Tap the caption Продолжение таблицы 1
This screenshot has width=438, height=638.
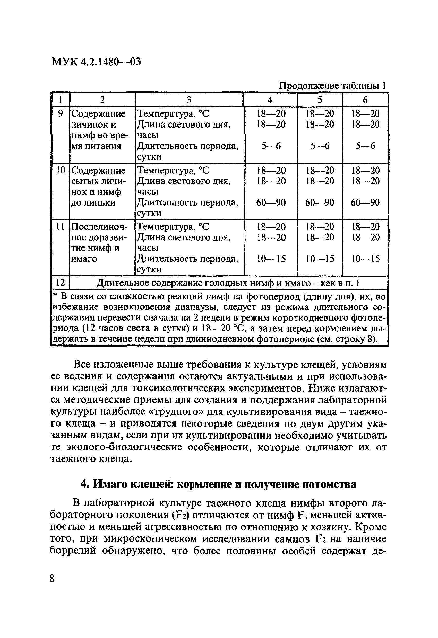[332, 86]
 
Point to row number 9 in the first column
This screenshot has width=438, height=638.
[61, 113]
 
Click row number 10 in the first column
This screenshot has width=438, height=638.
[61, 171]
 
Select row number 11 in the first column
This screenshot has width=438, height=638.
[61, 227]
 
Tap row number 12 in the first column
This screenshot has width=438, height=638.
[61, 283]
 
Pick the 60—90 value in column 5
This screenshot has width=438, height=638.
[320, 203]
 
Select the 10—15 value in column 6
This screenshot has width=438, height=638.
[365, 259]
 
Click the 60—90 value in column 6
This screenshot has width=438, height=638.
[365, 203]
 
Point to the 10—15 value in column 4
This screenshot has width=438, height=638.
[271, 259]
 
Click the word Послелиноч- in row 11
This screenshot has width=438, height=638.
[100, 227]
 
